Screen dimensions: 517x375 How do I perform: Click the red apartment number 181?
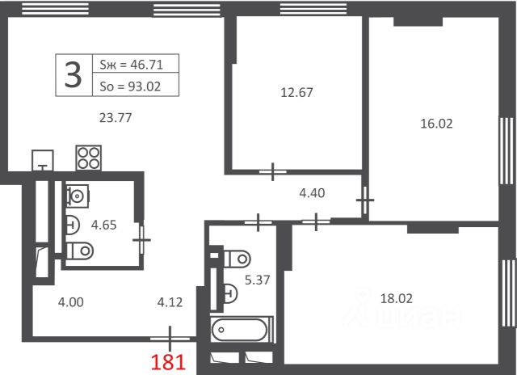(168, 361)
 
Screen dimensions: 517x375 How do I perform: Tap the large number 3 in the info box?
(73, 75)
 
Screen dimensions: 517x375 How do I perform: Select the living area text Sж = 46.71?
(131, 65)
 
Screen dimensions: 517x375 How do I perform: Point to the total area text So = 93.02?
(130, 86)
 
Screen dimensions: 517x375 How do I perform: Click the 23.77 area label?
(116, 118)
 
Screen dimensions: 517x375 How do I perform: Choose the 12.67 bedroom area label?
(296, 93)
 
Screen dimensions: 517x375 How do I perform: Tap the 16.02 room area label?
(436, 124)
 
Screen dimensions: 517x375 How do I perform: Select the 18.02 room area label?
(397, 298)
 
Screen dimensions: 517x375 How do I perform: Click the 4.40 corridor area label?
(312, 193)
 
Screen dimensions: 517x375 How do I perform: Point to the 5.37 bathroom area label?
(257, 280)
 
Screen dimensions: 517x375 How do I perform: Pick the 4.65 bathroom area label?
(104, 225)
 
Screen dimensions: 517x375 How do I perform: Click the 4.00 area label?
(70, 302)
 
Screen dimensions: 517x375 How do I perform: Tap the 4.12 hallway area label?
(170, 302)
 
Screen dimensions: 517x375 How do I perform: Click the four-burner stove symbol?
(88, 158)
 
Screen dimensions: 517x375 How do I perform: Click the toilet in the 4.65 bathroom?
(80, 251)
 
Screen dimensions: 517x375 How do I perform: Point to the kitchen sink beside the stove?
(43, 161)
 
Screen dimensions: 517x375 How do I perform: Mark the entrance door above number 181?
(170, 339)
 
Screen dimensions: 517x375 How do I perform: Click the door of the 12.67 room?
(273, 172)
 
